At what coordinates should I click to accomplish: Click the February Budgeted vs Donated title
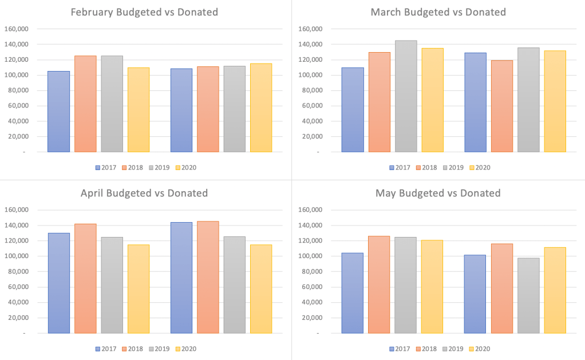(x=144, y=12)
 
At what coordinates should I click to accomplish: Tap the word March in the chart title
(x=386, y=12)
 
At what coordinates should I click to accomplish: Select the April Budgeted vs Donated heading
(x=144, y=193)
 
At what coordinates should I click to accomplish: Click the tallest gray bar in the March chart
(x=405, y=96)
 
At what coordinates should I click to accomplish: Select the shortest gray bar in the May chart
(x=528, y=295)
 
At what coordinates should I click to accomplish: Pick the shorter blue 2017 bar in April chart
(x=59, y=283)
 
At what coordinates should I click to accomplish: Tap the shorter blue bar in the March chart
(x=353, y=109)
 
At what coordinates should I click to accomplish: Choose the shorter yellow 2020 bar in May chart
(x=555, y=290)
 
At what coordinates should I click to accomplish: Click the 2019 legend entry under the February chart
(x=161, y=168)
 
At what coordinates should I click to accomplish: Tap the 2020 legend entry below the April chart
(x=188, y=349)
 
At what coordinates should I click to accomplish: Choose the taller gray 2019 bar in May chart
(x=405, y=285)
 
